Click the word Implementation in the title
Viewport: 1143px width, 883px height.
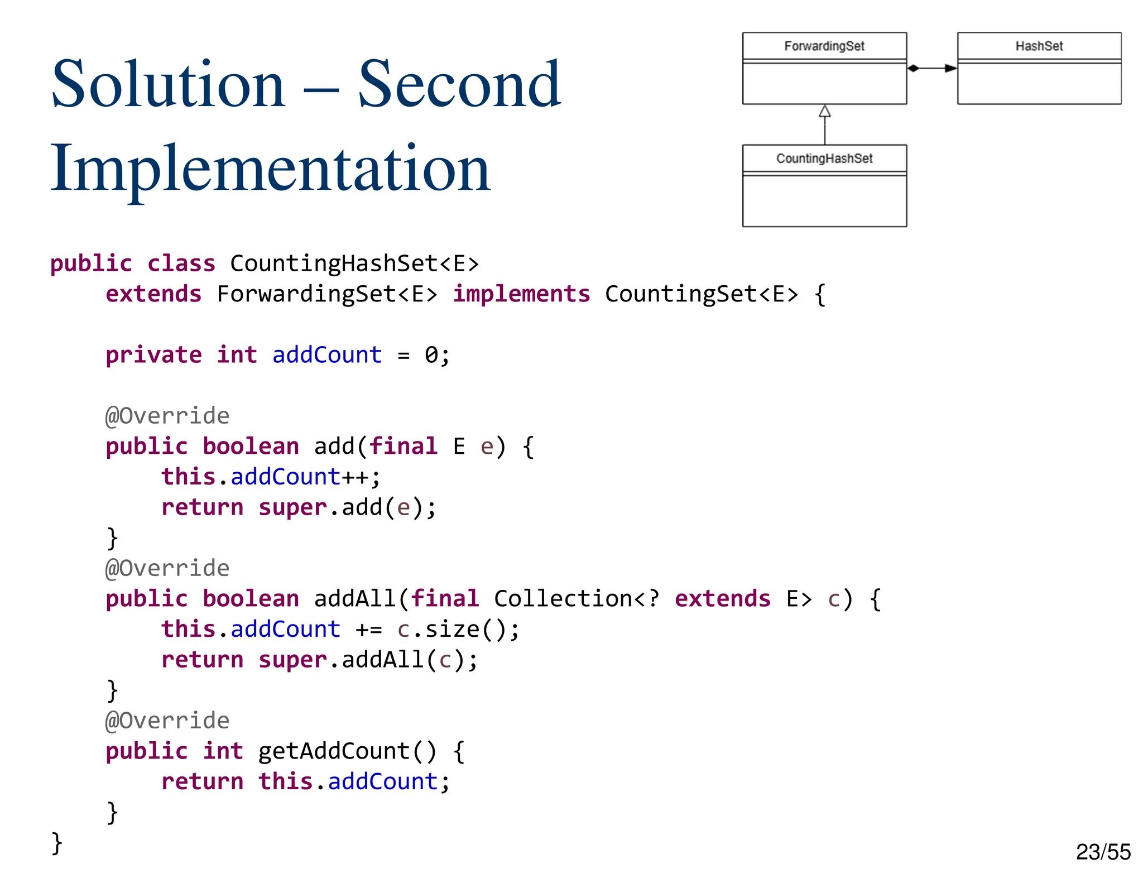pos(270,169)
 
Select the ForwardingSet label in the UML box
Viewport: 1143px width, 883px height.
pos(824,46)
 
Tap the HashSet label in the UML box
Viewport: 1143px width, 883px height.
pos(1039,46)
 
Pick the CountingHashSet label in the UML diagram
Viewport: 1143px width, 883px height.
pos(824,159)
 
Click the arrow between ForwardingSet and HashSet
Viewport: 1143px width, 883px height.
pos(931,68)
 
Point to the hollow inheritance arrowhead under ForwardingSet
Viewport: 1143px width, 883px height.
pos(824,111)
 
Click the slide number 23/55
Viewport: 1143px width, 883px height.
pos(1103,852)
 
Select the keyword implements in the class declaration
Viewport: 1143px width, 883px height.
pos(521,294)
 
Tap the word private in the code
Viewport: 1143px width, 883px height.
pos(153,355)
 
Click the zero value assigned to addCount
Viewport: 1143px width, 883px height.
pos(431,355)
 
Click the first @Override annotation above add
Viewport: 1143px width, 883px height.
pos(167,416)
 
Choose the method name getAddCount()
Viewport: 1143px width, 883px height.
pos(347,751)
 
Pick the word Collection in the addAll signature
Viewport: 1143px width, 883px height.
pos(563,599)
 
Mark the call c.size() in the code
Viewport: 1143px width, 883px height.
pos(458,630)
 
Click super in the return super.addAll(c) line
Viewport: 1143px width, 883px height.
pos(292,660)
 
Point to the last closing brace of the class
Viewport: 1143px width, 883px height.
pos(56,843)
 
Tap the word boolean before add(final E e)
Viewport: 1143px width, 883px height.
pos(251,447)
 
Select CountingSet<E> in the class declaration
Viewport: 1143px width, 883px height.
pos(701,294)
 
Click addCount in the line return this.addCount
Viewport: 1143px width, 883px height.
pos(382,781)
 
